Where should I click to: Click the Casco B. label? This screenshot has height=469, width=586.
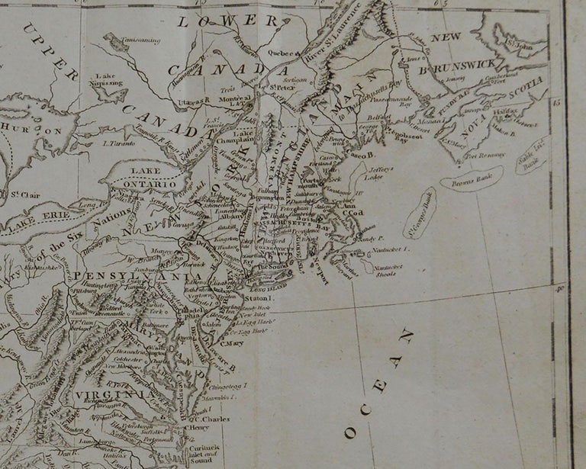(x=358, y=156)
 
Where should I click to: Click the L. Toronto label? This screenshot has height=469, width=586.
(x=118, y=143)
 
